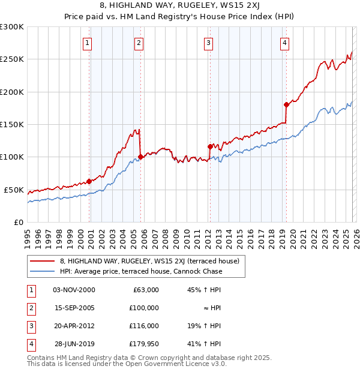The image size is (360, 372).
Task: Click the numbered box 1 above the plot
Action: [88, 43]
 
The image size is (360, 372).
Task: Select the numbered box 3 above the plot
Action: [208, 43]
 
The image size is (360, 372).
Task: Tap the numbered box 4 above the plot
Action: [284, 43]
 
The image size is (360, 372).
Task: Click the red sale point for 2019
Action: [287, 104]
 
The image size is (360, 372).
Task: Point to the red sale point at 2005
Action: [140, 157]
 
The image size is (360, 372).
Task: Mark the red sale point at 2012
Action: [210, 146]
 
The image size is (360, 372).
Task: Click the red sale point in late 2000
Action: [89, 181]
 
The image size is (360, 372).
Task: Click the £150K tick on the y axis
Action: [12, 124]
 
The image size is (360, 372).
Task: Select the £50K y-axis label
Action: [14, 190]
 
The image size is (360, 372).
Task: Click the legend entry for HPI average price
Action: [141, 271]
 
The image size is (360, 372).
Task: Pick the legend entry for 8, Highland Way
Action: [149, 261]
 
